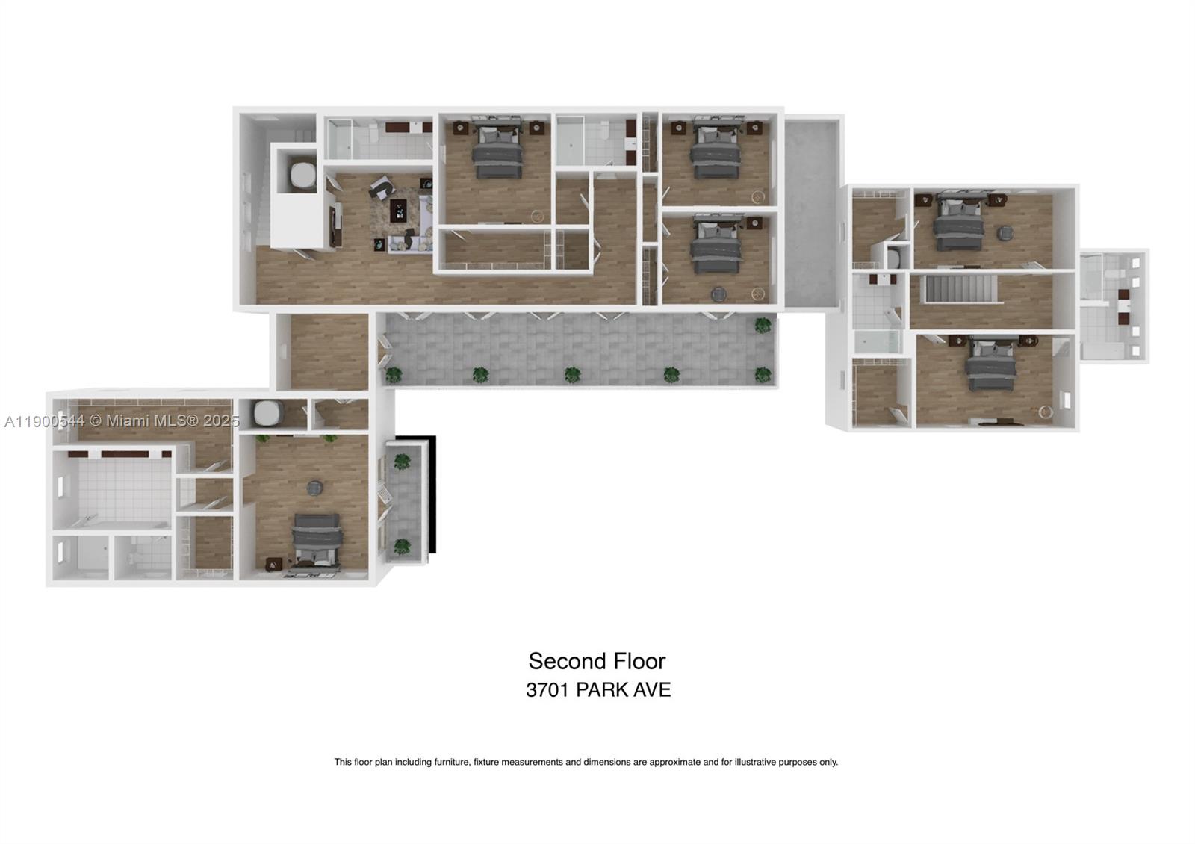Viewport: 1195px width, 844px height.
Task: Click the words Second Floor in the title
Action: [x=597, y=661]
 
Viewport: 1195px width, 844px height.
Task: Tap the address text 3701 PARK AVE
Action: [x=597, y=689]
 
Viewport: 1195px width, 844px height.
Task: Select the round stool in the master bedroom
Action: [x=315, y=488]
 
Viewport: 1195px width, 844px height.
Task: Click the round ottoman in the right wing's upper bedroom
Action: [x=1005, y=233]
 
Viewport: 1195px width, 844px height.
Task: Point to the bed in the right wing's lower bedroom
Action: [x=991, y=367]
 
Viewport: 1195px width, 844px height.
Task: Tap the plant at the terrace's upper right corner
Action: [x=763, y=325]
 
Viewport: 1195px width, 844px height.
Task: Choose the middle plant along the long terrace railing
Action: [x=572, y=374]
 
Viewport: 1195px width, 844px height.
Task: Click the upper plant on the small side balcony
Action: [x=402, y=462]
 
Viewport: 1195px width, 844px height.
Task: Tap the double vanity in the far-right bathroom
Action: [x=1123, y=306]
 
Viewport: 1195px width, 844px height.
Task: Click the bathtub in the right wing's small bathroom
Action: [x=878, y=342]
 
